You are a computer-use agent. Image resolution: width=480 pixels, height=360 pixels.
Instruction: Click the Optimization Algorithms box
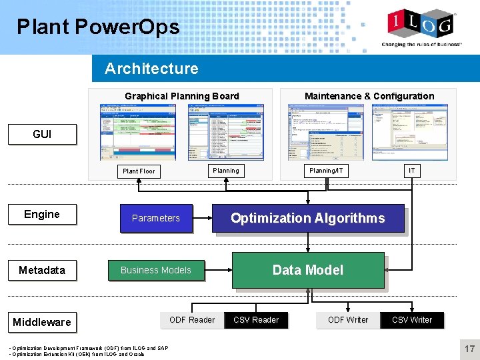tap(308, 218)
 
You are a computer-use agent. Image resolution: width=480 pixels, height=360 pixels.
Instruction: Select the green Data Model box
tap(308, 270)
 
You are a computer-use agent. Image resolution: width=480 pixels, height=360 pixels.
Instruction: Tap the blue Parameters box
tap(156, 218)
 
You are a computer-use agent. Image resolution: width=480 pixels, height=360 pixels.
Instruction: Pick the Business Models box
tap(156, 270)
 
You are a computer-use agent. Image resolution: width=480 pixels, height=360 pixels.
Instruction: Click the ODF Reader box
tap(192, 320)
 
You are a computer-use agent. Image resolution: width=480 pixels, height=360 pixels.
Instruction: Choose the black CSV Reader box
tap(256, 320)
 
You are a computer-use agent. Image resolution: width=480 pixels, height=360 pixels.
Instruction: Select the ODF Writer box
tap(348, 320)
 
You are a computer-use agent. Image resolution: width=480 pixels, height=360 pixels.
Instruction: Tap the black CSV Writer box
tap(412, 320)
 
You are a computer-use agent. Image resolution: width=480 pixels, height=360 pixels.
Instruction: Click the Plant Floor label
tap(139, 171)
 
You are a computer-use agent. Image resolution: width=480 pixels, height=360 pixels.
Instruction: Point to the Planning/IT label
tap(326, 171)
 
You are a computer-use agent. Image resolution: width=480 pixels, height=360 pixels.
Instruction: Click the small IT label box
tap(412, 171)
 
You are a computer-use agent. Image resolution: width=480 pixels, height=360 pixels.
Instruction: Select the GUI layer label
tap(42, 134)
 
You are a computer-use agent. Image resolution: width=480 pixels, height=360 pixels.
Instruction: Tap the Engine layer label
tap(42, 214)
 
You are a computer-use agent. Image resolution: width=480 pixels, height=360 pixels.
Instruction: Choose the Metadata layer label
tap(42, 270)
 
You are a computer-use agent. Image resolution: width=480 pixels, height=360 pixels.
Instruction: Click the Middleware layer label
tap(42, 322)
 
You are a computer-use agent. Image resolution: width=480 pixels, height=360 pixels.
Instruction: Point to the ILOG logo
tap(421, 25)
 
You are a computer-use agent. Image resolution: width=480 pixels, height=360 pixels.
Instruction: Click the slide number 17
tap(470, 349)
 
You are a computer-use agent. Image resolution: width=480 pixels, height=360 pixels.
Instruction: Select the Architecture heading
tap(151, 69)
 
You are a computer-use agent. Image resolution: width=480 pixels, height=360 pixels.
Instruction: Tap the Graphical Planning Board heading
tap(182, 96)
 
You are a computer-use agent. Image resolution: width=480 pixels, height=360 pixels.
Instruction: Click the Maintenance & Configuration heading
tap(369, 96)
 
